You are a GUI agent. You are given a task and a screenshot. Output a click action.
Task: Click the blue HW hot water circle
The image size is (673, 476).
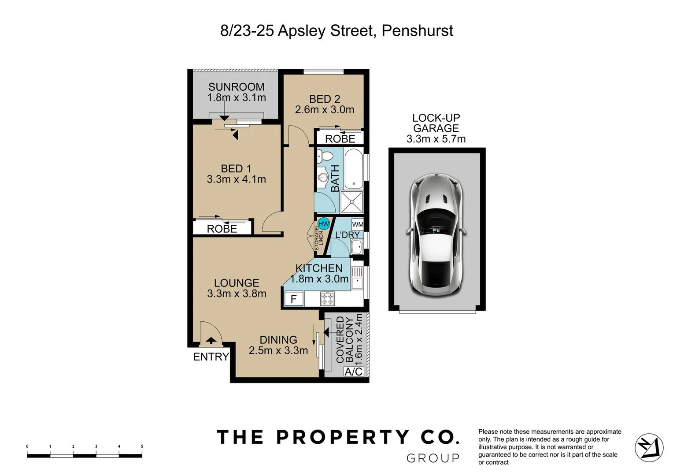(x=324, y=224)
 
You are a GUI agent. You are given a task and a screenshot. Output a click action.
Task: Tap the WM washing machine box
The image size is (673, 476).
(x=358, y=224)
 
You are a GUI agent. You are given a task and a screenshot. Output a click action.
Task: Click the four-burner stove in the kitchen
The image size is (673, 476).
(x=327, y=299)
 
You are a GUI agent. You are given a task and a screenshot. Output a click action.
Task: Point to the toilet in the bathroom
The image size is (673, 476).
(x=325, y=156)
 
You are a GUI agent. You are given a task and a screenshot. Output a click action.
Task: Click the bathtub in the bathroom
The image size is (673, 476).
(x=354, y=169)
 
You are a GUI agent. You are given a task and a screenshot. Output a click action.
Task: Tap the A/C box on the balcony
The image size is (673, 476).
(x=353, y=372)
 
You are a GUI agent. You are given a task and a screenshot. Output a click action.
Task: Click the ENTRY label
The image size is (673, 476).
(x=211, y=357)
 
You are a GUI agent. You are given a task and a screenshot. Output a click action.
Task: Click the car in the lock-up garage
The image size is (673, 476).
(x=436, y=235)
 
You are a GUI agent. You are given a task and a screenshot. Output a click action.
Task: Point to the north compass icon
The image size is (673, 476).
(x=649, y=448)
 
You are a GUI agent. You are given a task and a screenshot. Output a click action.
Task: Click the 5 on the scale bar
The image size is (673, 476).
(x=142, y=446)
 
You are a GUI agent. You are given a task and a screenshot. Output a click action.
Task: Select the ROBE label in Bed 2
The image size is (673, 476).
(x=340, y=139)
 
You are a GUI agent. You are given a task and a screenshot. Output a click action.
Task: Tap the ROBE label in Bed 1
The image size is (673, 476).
(x=222, y=229)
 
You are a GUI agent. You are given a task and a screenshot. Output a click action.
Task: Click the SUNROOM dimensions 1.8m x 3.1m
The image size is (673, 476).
(x=237, y=98)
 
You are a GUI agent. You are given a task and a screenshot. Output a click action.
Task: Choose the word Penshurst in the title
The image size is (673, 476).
(x=417, y=31)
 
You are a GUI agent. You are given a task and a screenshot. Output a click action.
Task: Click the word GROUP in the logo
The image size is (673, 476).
(x=433, y=458)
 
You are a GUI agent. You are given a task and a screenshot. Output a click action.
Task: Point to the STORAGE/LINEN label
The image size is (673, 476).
(x=319, y=238)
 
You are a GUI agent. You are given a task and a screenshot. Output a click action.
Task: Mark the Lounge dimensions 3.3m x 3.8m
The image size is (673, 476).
(x=237, y=294)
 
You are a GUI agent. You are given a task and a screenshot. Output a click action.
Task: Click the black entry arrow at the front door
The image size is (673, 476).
(x=211, y=340)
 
